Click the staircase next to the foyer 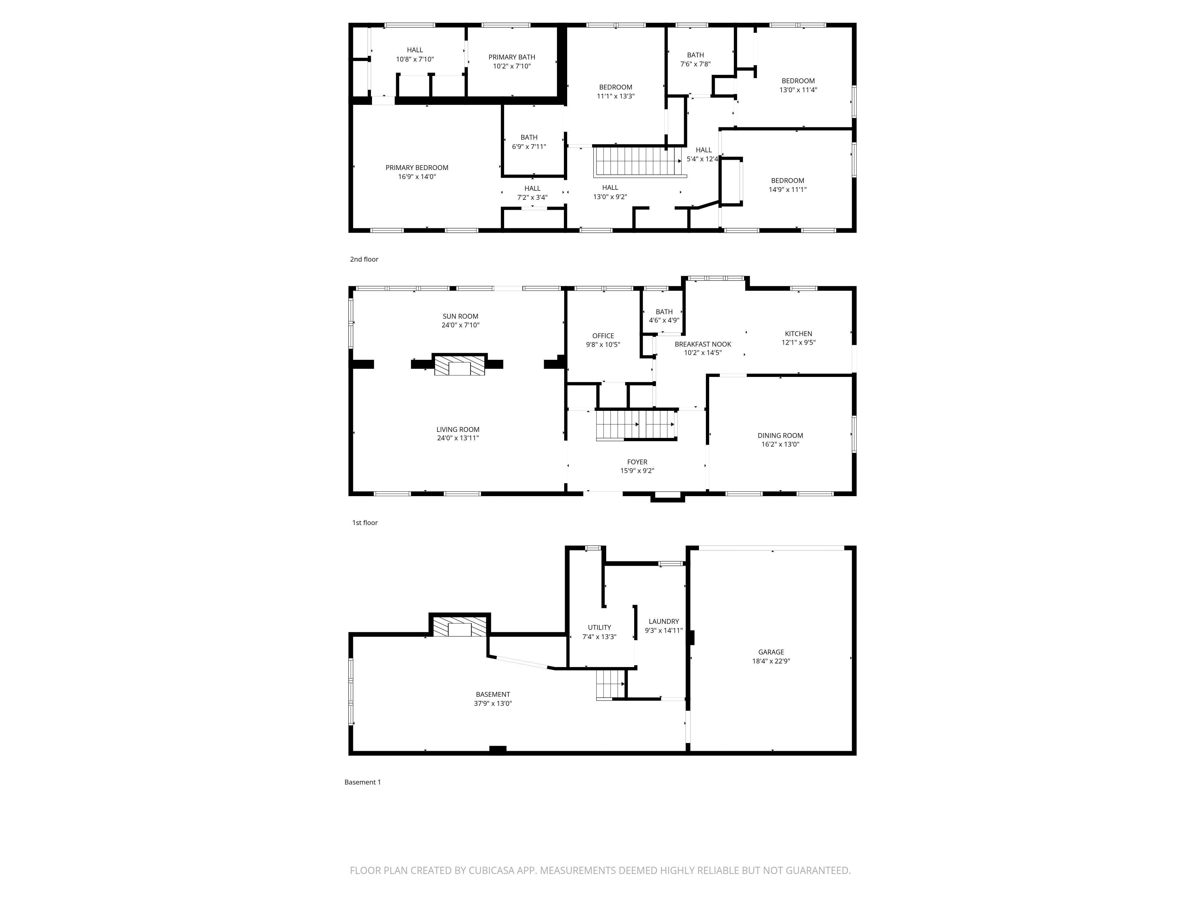[636, 425]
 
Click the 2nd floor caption [364, 259]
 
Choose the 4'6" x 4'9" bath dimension [664, 320]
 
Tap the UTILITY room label [599, 628]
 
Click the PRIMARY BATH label [511, 57]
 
